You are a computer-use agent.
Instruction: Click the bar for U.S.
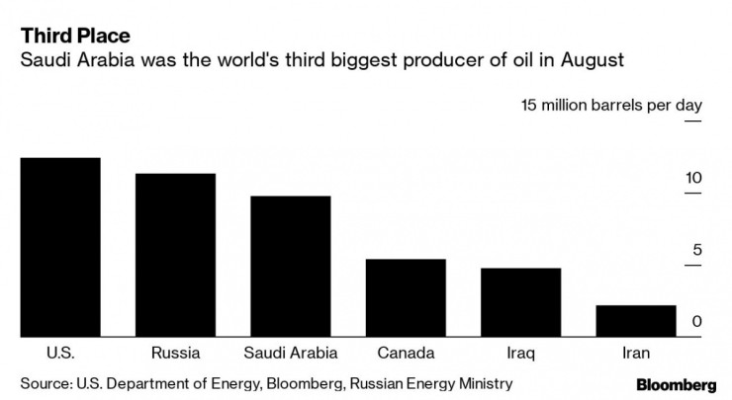coord(60,247)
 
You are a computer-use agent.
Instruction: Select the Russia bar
coord(175,255)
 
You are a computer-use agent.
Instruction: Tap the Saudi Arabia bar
coord(290,267)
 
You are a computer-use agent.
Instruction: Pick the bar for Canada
coord(406,298)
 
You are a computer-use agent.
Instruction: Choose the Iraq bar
coord(520,302)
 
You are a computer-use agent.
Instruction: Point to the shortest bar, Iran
coord(636,321)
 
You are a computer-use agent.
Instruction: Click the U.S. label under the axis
coord(60,353)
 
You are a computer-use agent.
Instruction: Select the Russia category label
coord(176,353)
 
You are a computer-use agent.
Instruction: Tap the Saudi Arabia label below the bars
coord(290,353)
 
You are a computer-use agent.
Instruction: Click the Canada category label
coord(406,353)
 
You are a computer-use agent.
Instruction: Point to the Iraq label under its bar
coord(520,353)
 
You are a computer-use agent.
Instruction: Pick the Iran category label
coord(636,353)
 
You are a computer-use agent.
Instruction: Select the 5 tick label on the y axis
coord(696,250)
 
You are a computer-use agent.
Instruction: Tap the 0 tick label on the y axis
coord(696,322)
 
